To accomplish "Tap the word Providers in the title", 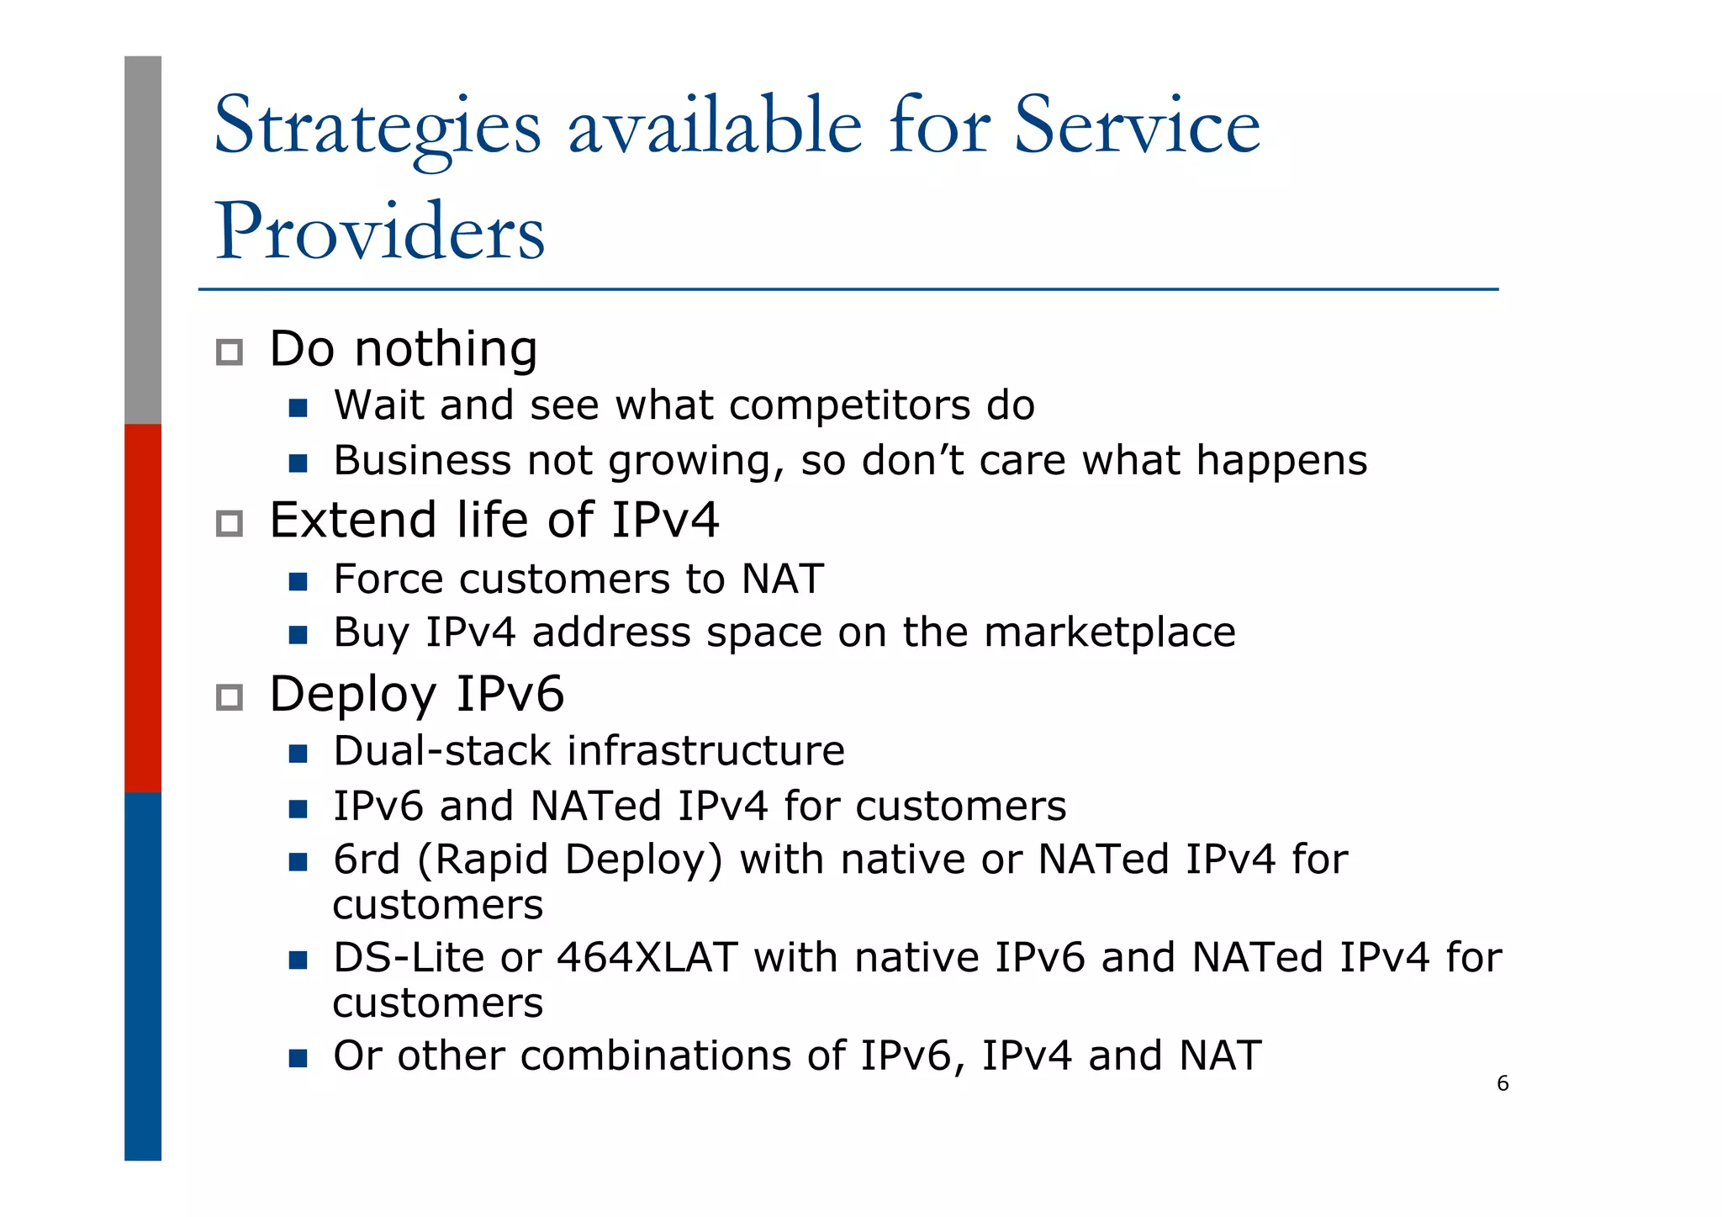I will coord(380,232).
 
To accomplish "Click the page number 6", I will coord(1503,1083).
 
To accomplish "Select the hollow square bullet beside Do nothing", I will coord(230,352).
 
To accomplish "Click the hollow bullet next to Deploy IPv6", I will coord(230,697).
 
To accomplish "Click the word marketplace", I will coord(1109,632).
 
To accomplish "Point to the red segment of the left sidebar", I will coord(143,607).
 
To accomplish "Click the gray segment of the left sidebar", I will coord(143,240).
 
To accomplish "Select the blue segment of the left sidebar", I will coord(143,976).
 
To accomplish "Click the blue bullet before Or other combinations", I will coord(298,1057).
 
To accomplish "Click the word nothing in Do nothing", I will coord(446,349).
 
